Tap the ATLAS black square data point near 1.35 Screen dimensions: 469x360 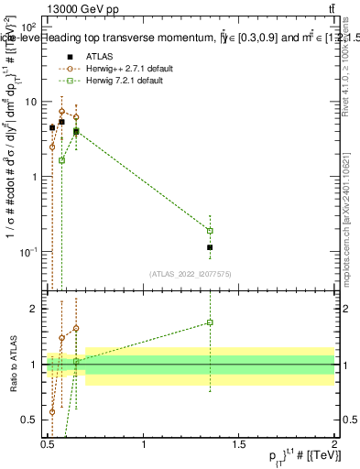tap(210, 247)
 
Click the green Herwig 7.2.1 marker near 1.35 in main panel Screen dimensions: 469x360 tap(210, 231)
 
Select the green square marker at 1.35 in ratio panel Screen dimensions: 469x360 tap(210, 322)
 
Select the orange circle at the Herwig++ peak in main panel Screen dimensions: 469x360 tap(62, 111)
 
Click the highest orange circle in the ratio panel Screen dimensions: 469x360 tap(76, 328)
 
